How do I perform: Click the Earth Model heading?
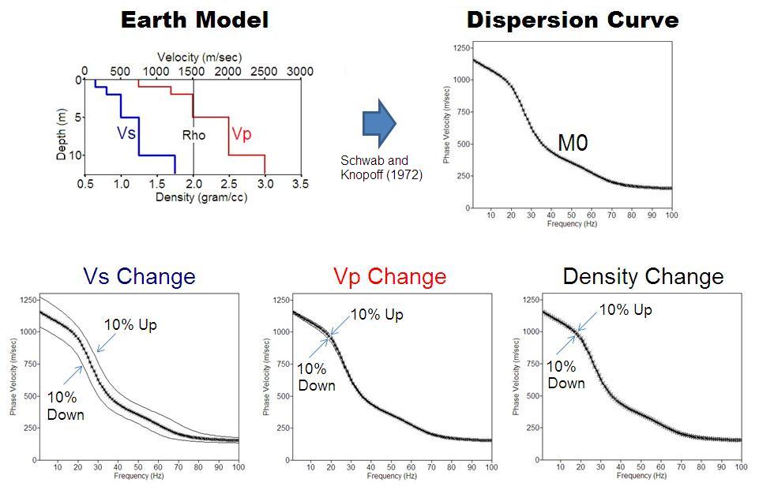pyautogui.click(x=194, y=20)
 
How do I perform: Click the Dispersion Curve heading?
pyautogui.click(x=573, y=20)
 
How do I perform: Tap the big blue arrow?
pyautogui.click(x=378, y=124)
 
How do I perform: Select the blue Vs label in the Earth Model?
pyautogui.click(x=126, y=133)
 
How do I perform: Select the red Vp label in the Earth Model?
pyautogui.click(x=241, y=134)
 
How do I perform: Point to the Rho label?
pyautogui.click(x=194, y=135)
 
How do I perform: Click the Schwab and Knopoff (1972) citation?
pyautogui.click(x=380, y=167)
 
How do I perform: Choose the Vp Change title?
pyautogui.click(x=389, y=277)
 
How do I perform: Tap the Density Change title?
pyautogui.click(x=643, y=277)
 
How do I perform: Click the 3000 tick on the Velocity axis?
pyautogui.click(x=299, y=72)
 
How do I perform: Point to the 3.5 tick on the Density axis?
pyautogui.click(x=299, y=184)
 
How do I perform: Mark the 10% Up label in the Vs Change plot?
pyautogui.click(x=130, y=324)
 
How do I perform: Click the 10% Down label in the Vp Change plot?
pyautogui.click(x=316, y=376)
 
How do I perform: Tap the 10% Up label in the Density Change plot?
pyautogui.click(x=626, y=310)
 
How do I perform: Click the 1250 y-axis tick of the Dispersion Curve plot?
pyautogui.click(x=457, y=48)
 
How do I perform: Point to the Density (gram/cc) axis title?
pyautogui.click(x=193, y=196)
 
